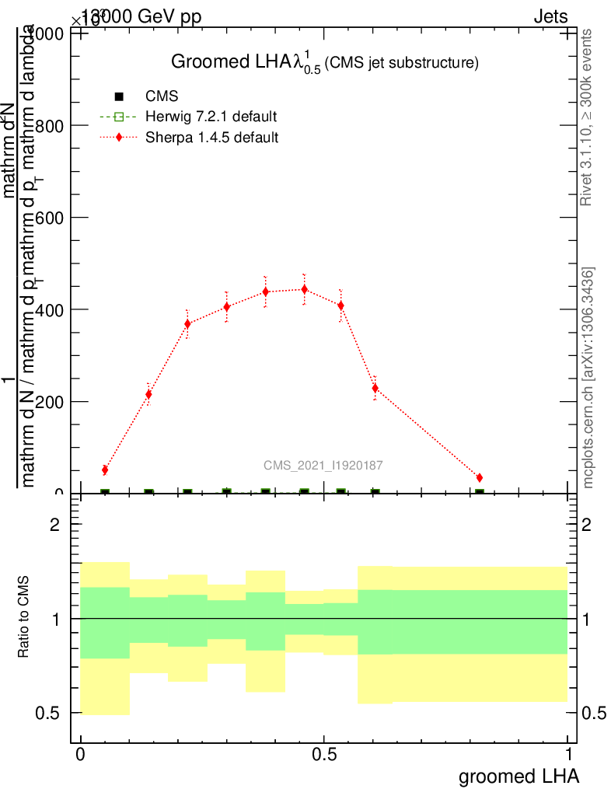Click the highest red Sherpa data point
tap(304, 289)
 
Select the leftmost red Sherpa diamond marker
tap(105, 470)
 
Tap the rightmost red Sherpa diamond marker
tap(480, 477)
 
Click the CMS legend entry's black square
tap(119, 96)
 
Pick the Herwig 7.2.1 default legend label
tap(211, 117)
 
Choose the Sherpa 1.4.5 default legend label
tap(212, 138)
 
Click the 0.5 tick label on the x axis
tap(324, 755)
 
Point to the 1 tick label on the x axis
tap(568, 755)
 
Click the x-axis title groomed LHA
tap(518, 777)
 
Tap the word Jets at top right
tap(550, 17)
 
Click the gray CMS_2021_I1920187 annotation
tap(323, 466)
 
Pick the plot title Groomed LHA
tap(323, 63)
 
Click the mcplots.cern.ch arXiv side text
tap(589, 379)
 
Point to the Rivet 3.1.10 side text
tap(588, 117)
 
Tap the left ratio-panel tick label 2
tap(54, 525)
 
